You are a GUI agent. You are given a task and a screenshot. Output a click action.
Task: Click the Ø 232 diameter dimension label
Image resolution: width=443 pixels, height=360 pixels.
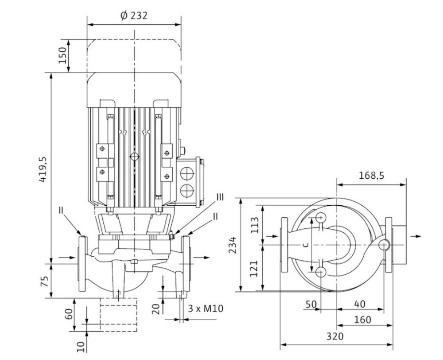pyautogui.click(x=134, y=16)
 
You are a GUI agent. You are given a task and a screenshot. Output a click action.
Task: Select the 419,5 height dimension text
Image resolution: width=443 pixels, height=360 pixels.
pyautogui.click(x=43, y=169)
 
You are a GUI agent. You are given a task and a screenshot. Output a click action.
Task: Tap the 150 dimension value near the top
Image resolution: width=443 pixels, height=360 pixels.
pyautogui.click(x=63, y=55)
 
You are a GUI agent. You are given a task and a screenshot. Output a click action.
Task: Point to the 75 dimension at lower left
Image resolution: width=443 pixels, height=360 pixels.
pyautogui.click(x=44, y=281)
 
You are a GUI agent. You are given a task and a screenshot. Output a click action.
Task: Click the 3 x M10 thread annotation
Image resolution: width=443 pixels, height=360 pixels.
pyautogui.click(x=206, y=308)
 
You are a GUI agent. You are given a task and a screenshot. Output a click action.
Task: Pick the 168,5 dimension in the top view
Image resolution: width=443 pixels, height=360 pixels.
pyautogui.click(x=371, y=176)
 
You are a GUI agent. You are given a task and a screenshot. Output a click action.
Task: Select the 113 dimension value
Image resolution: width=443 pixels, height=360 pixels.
pyautogui.click(x=255, y=225)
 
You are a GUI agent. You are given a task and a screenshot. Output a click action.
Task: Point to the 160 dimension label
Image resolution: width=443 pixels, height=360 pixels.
pyautogui.click(x=362, y=320)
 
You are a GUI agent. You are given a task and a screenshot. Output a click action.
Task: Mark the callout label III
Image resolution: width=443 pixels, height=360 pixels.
pyautogui.click(x=220, y=197)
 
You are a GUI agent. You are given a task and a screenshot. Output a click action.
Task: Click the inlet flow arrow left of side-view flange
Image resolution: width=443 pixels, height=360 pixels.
pyautogui.click(x=67, y=257)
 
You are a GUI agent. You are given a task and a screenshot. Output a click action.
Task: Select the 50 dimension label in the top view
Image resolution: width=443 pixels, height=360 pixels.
pyautogui.click(x=311, y=304)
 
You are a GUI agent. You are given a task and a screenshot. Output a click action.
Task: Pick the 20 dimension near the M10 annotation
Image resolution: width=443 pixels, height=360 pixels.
pyautogui.click(x=156, y=309)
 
